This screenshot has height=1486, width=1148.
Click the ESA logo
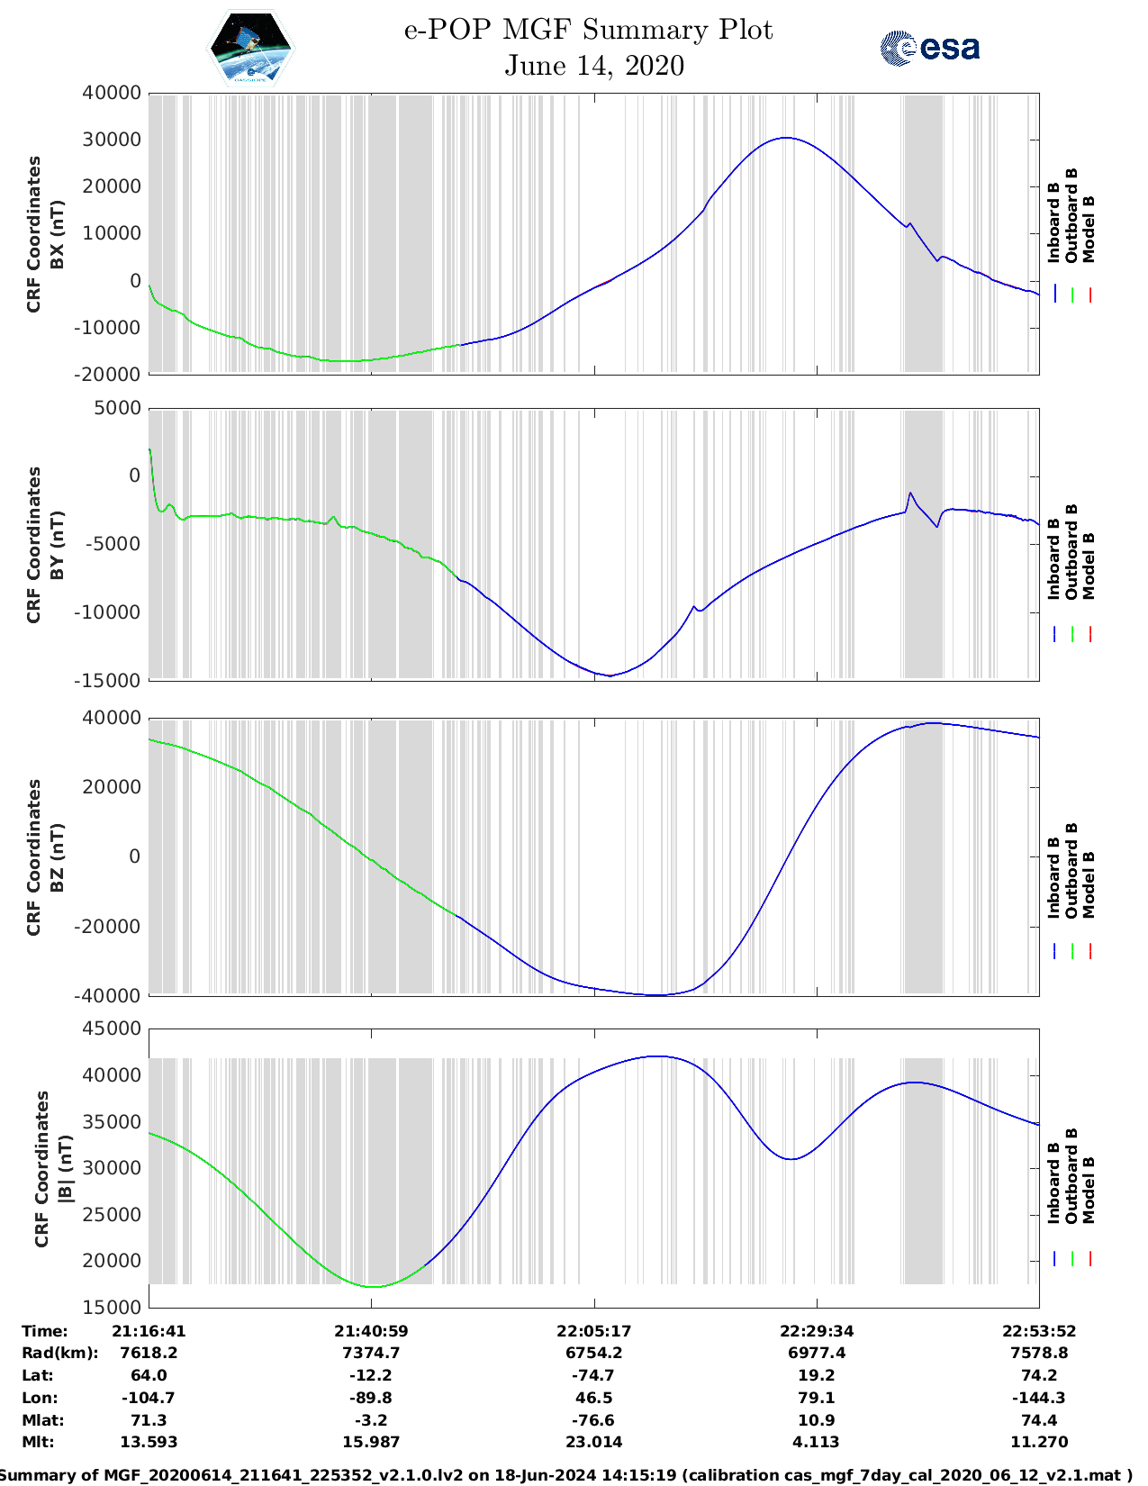pyautogui.click(x=929, y=48)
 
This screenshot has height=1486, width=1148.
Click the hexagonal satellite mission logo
pyautogui.click(x=250, y=49)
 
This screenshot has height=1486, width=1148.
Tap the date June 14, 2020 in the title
pyautogui.click(x=593, y=66)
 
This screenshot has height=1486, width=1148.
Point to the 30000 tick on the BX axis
pyautogui.click(x=112, y=140)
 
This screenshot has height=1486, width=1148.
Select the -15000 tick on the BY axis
pyautogui.click(x=112, y=680)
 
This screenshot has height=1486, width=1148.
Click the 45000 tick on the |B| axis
pyautogui.click(x=112, y=1028)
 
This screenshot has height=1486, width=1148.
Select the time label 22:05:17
pyautogui.click(x=593, y=1331)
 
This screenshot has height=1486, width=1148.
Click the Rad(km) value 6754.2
pyautogui.click(x=593, y=1353)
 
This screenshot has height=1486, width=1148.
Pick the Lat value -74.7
pyautogui.click(x=593, y=1375)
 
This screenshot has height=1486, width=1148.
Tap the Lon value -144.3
pyautogui.click(x=1039, y=1398)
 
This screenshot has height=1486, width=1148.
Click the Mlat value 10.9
pyautogui.click(x=817, y=1420)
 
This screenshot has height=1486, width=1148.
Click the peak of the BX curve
pyautogui.click(x=786, y=138)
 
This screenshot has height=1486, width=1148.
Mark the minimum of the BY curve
pyautogui.click(x=610, y=675)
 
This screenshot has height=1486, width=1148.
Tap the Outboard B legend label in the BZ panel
pyautogui.click(x=1071, y=871)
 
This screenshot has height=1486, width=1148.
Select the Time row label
pyautogui.click(x=45, y=1331)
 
